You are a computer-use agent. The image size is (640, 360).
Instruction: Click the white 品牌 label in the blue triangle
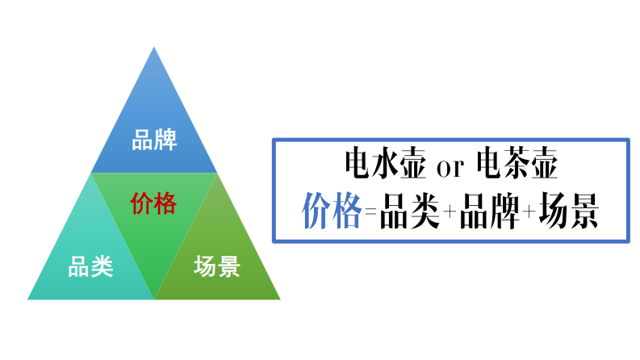154,140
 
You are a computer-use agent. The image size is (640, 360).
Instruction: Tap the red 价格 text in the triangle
153,203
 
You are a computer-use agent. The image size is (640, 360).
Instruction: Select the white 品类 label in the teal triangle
90,266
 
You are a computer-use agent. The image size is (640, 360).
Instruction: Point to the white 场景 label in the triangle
217,266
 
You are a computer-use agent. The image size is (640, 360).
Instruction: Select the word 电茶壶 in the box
517,165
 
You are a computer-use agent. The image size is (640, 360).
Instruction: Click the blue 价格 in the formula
331,211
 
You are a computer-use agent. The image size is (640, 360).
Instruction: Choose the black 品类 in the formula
408,211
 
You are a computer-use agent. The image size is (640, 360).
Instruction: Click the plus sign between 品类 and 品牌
449,214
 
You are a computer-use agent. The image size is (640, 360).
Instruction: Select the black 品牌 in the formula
489,211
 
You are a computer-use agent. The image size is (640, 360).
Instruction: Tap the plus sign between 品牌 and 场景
529,214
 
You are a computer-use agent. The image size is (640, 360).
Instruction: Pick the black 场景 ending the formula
569,211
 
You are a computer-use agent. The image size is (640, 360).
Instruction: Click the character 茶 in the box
517,165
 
